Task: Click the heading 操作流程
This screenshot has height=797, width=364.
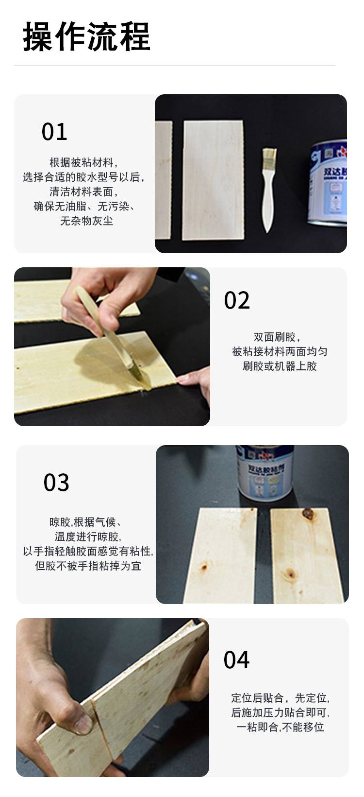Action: point(86,36)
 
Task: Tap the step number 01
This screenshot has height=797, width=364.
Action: point(54,132)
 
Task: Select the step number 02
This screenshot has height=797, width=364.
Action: point(237,300)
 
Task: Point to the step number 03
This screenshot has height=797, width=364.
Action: point(56,483)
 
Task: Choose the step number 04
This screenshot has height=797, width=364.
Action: point(236,660)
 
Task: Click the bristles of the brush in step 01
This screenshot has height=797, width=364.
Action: point(269,156)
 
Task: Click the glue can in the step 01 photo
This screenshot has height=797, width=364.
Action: point(328,182)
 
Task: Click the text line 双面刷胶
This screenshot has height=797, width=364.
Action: point(277,337)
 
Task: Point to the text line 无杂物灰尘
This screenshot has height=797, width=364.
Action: point(86,221)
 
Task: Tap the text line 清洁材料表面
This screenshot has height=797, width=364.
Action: point(83,192)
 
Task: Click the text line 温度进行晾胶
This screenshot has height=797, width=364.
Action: point(88,537)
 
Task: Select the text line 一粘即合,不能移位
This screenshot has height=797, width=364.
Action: point(281,727)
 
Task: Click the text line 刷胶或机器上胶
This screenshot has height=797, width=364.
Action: point(280,366)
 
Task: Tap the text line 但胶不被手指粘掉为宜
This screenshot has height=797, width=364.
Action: point(88,566)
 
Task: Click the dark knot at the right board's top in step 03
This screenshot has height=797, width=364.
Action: point(307,513)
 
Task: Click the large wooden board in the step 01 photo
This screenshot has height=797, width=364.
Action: point(213,180)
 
